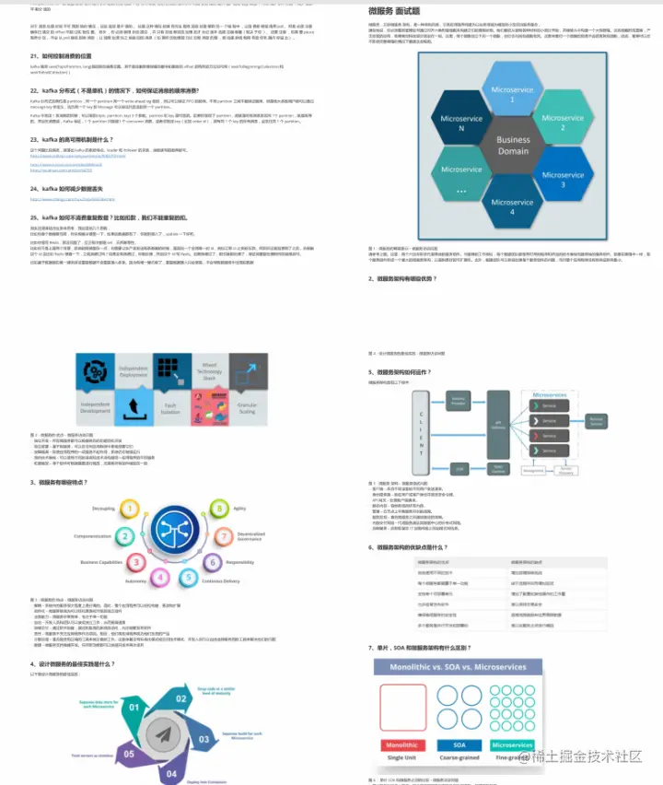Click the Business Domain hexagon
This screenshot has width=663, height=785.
(x=513, y=146)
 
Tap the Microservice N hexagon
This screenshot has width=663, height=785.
(x=460, y=124)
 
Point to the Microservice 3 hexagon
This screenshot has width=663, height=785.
(x=564, y=178)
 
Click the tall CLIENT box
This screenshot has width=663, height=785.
(x=419, y=434)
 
